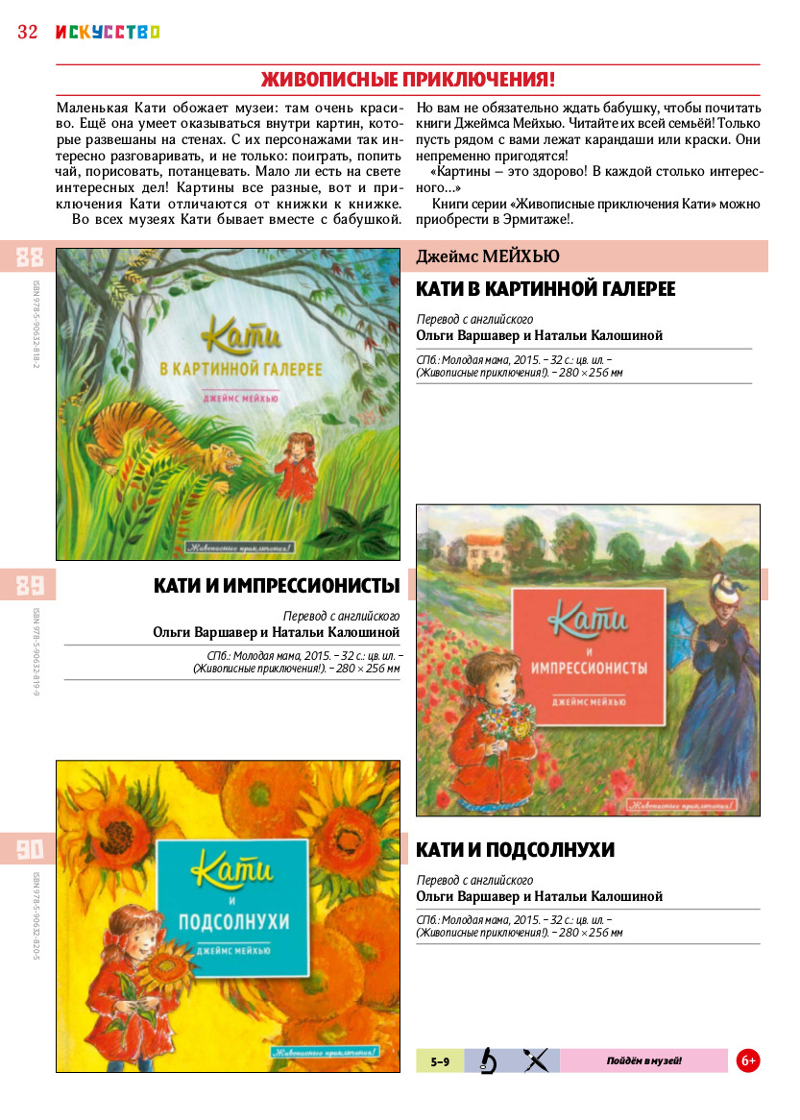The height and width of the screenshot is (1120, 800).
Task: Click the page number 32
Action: (x=27, y=32)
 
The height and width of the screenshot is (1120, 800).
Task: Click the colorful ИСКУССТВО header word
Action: (x=107, y=32)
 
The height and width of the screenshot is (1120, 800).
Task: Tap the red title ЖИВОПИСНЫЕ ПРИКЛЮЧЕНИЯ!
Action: (x=408, y=79)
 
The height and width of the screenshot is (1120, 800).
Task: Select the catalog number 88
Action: (x=30, y=257)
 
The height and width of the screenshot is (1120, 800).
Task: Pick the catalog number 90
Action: (x=30, y=849)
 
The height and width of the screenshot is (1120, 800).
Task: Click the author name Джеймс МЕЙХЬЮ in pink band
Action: (x=488, y=256)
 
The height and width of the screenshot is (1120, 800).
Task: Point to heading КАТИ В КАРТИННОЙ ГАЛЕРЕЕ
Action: (x=545, y=289)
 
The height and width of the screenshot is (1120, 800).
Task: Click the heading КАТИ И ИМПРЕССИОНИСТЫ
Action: (x=277, y=585)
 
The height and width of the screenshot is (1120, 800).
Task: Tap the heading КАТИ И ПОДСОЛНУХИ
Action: (x=515, y=850)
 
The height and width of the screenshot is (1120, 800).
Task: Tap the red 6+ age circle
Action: (x=748, y=1060)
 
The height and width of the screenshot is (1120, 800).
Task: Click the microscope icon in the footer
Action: (x=489, y=1060)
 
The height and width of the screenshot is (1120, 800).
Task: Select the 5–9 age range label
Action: (x=440, y=1061)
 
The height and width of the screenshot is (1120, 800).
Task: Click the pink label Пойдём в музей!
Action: (x=643, y=1060)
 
